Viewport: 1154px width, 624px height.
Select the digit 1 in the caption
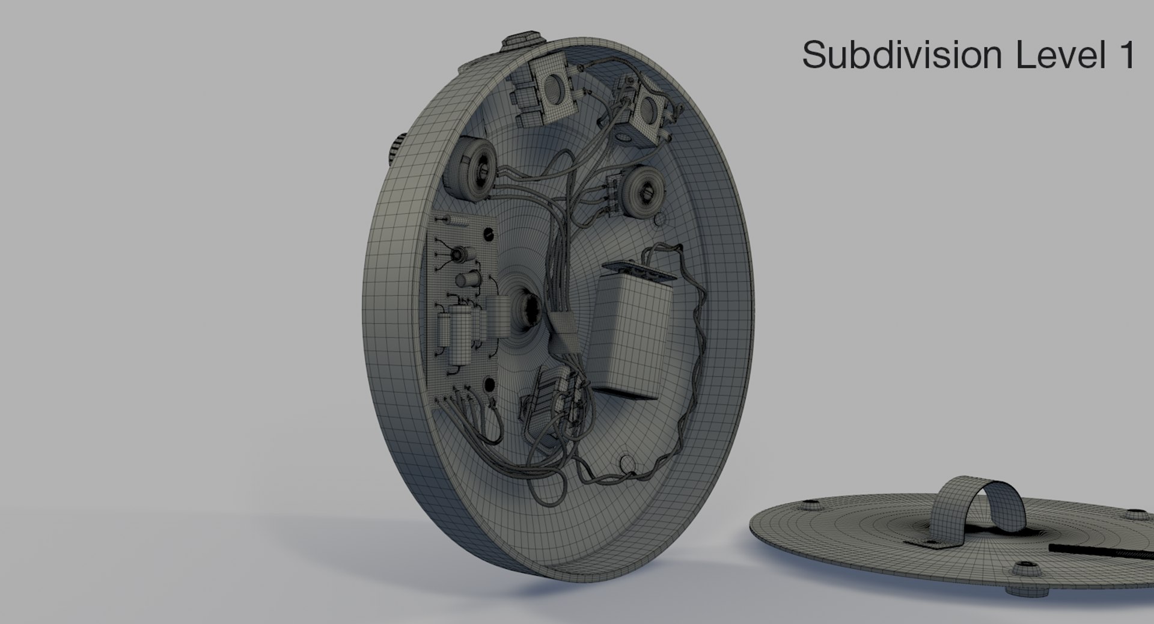point(1126,55)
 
